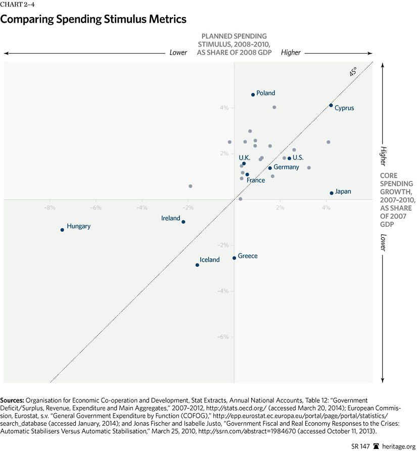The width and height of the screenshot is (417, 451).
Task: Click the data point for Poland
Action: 253,94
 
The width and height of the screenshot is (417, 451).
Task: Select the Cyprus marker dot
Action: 331,105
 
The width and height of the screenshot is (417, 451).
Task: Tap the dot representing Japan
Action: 332,193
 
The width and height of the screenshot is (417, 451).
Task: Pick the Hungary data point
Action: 62,229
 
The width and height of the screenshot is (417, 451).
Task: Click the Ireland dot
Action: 183,222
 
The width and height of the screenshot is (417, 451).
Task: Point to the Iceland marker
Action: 197,265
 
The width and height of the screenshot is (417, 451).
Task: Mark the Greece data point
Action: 235,258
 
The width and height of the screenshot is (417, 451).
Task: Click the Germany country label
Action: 286,167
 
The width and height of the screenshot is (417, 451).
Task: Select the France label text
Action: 256,180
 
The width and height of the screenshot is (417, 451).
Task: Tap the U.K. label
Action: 245,158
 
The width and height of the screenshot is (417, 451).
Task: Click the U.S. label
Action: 298,158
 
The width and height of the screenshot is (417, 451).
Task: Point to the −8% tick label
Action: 50,208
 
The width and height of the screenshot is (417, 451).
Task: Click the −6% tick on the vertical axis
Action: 223,337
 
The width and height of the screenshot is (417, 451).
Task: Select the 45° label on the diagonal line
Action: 353,72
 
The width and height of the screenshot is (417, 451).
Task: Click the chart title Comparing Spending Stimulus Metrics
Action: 94,20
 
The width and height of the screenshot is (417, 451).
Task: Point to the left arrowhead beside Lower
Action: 6,52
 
